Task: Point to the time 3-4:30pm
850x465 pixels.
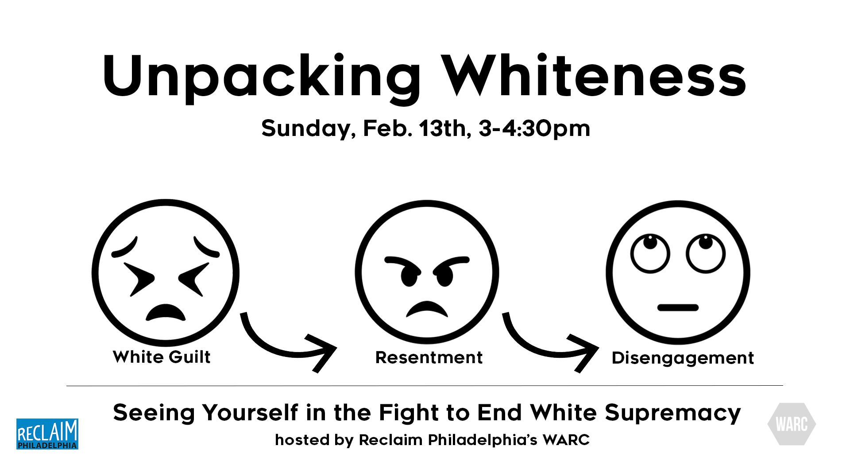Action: [x=534, y=129]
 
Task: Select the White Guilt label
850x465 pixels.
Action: [x=162, y=357]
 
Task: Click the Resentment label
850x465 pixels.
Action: [x=429, y=357]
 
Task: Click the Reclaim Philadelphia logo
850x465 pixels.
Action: [x=47, y=434]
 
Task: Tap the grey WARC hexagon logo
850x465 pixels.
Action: [x=792, y=424]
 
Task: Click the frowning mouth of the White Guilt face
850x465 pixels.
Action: [x=166, y=312]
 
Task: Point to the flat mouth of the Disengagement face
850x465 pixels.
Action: [x=678, y=307]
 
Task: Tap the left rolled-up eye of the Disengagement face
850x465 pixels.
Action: [x=650, y=254]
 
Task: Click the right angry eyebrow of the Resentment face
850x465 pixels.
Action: [x=451, y=263]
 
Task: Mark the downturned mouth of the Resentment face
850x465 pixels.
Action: [x=427, y=309]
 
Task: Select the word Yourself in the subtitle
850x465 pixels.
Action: [x=250, y=413]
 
